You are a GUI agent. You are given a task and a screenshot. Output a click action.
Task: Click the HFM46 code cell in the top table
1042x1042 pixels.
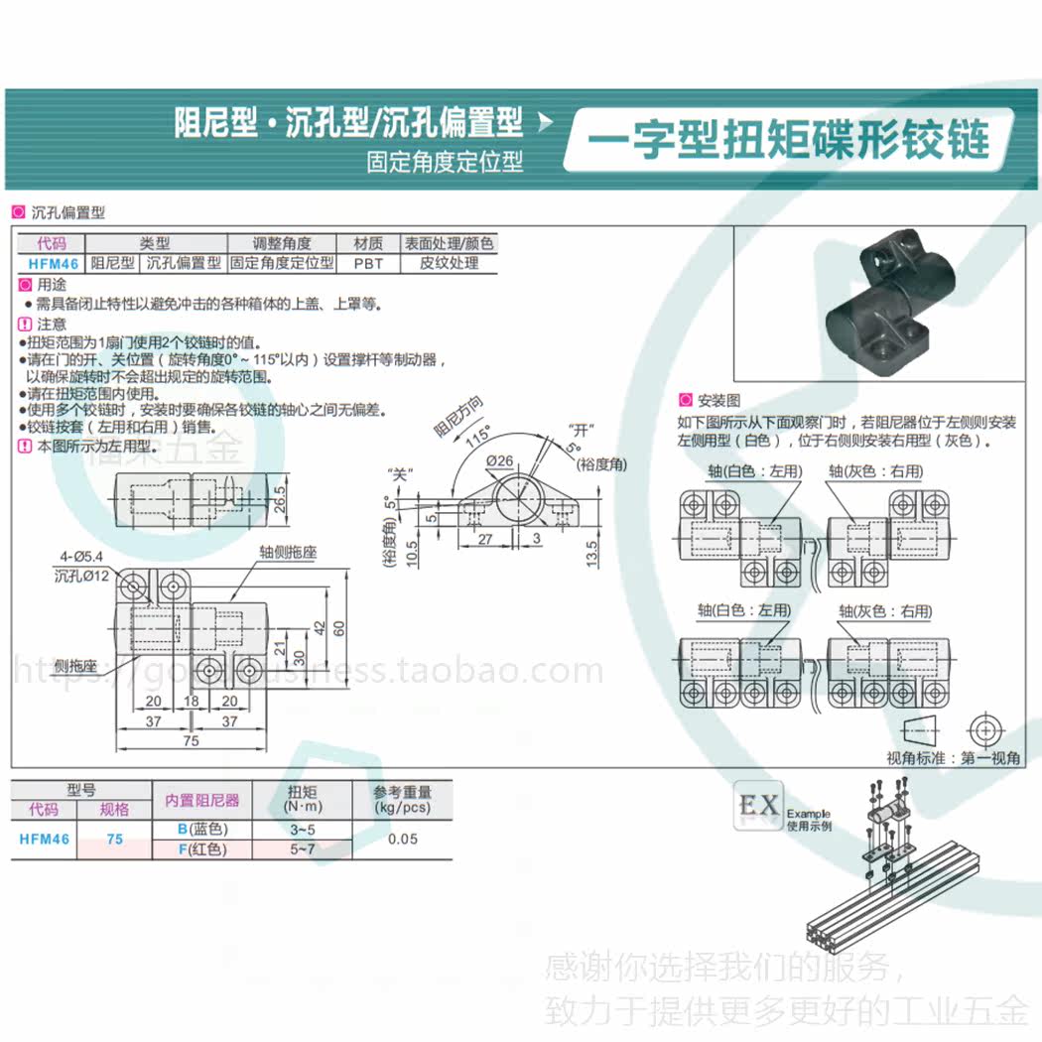click(x=53, y=263)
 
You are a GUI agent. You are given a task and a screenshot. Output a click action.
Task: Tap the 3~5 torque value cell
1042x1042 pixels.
click(x=302, y=830)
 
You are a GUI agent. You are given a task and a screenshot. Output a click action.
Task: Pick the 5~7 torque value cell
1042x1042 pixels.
click(x=302, y=849)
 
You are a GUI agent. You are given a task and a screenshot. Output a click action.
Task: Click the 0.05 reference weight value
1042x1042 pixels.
click(x=402, y=840)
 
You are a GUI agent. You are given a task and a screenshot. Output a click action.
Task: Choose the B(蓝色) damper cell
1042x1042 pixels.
click(x=202, y=830)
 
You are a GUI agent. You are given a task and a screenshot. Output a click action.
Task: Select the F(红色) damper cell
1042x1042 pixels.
click(x=202, y=849)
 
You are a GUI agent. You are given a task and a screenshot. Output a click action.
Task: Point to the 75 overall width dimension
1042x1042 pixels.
click(x=191, y=740)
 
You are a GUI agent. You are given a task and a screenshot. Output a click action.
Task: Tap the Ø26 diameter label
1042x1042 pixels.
click(x=499, y=459)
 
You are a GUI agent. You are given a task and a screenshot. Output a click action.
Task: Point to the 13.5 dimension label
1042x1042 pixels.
click(x=592, y=552)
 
